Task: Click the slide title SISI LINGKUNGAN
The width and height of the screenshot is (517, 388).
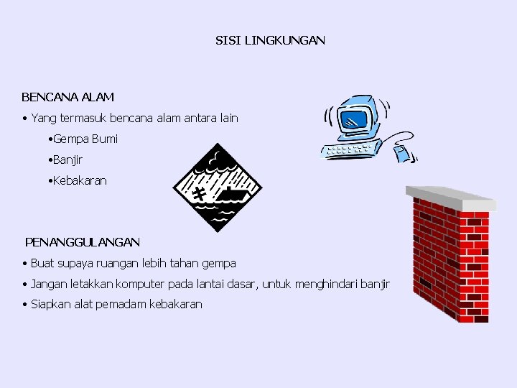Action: (x=270, y=41)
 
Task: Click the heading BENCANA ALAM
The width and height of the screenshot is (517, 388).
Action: (x=67, y=96)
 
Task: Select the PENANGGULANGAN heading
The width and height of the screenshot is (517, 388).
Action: (x=83, y=242)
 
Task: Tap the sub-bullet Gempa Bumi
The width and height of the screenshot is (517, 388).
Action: (x=85, y=139)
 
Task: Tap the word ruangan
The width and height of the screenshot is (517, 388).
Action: (x=112, y=264)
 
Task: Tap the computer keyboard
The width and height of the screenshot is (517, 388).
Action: (x=351, y=150)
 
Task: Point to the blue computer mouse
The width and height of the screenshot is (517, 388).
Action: (x=401, y=152)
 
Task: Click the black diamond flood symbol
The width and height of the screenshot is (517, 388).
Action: (x=218, y=190)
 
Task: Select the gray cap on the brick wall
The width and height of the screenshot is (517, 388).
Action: (x=450, y=199)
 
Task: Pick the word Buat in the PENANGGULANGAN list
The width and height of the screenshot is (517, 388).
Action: (x=42, y=264)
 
